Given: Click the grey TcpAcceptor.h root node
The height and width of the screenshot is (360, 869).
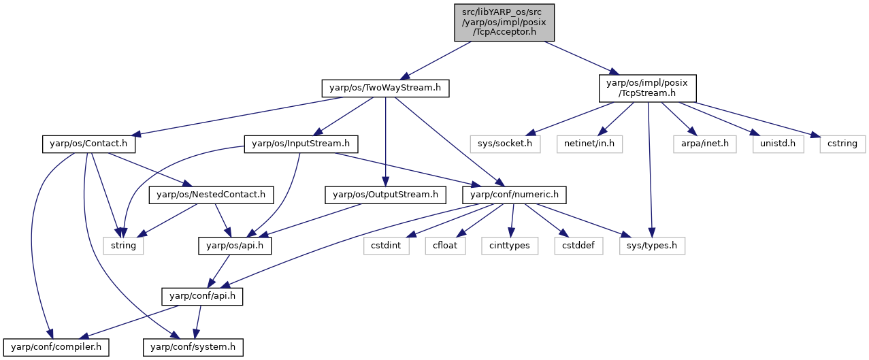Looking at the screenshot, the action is coord(504,22).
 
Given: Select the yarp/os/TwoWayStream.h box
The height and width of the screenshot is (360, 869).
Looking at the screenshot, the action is coord(385,88).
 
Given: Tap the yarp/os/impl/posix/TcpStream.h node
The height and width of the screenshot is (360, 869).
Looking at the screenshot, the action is coord(647,88).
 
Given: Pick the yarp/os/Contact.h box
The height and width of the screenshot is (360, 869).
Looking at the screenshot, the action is coord(89,144).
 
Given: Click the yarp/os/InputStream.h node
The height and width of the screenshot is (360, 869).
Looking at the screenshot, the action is coord(301,144).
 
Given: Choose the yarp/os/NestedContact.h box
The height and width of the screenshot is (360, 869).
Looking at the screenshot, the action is coord(211,195).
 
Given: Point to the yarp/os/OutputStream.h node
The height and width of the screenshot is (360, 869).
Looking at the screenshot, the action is coord(385,195).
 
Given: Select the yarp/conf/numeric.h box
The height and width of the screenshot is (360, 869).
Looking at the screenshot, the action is coord(514,195).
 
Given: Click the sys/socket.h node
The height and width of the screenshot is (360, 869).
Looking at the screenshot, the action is coord(505,144).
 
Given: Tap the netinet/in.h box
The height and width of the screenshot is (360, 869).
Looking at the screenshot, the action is coord(589,144).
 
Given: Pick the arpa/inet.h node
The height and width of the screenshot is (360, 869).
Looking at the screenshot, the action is coord(704,144).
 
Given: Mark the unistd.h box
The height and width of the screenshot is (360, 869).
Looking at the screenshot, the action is coord(778,144).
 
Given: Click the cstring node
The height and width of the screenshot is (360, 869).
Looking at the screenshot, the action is coord(842,144).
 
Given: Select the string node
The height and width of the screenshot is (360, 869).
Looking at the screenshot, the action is coord(123,246).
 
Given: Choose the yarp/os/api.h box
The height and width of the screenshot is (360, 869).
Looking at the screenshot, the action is coord(235,246).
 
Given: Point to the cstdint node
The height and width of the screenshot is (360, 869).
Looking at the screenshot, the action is coord(386,246).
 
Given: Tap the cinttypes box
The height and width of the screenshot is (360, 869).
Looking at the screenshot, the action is coord(510,246).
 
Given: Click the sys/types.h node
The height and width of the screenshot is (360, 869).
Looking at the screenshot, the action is coord(652,246).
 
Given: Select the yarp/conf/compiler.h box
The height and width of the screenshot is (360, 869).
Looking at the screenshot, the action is coord(56,347).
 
